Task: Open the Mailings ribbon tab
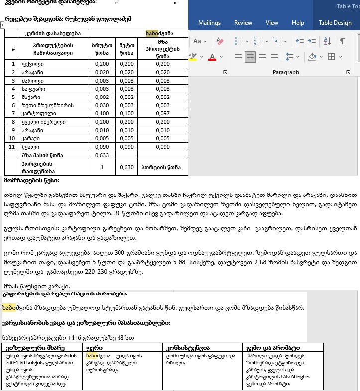(x=209, y=23)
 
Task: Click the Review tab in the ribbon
(x=243, y=23)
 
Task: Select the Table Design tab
(x=335, y=23)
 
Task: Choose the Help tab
(x=298, y=23)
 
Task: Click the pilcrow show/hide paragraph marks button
(x=343, y=41)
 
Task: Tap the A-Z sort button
(x=327, y=41)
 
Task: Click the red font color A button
(x=212, y=57)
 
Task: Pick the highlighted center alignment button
(x=250, y=57)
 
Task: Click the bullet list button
(x=239, y=41)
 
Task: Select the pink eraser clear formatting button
(x=220, y=41)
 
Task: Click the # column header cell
(x=13, y=49)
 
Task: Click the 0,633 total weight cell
(x=102, y=155)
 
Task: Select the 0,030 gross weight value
(x=102, y=105)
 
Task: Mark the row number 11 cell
(x=13, y=147)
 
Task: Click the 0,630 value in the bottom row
(x=126, y=167)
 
